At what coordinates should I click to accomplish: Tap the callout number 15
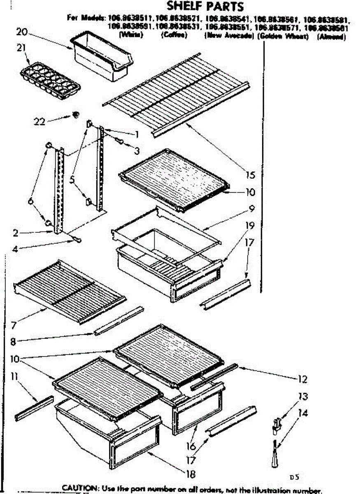pos(251,175)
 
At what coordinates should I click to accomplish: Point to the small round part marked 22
pos(75,114)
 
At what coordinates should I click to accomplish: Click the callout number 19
pos(250,226)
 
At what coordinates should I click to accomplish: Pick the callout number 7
pos(14,326)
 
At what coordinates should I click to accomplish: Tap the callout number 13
pos(303,397)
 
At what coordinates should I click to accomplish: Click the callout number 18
pos(190,474)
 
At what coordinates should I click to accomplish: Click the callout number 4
pos(15,249)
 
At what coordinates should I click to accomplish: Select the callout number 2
pos(15,233)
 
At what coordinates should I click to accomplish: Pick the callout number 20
pos(21,31)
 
